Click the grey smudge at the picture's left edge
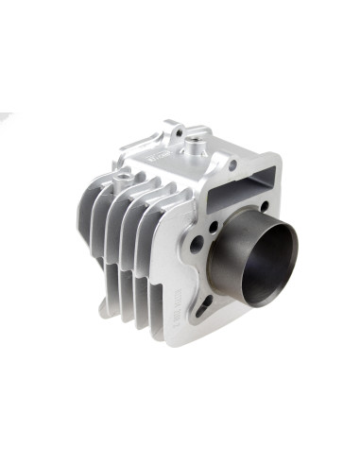5,118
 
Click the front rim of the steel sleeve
287,235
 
